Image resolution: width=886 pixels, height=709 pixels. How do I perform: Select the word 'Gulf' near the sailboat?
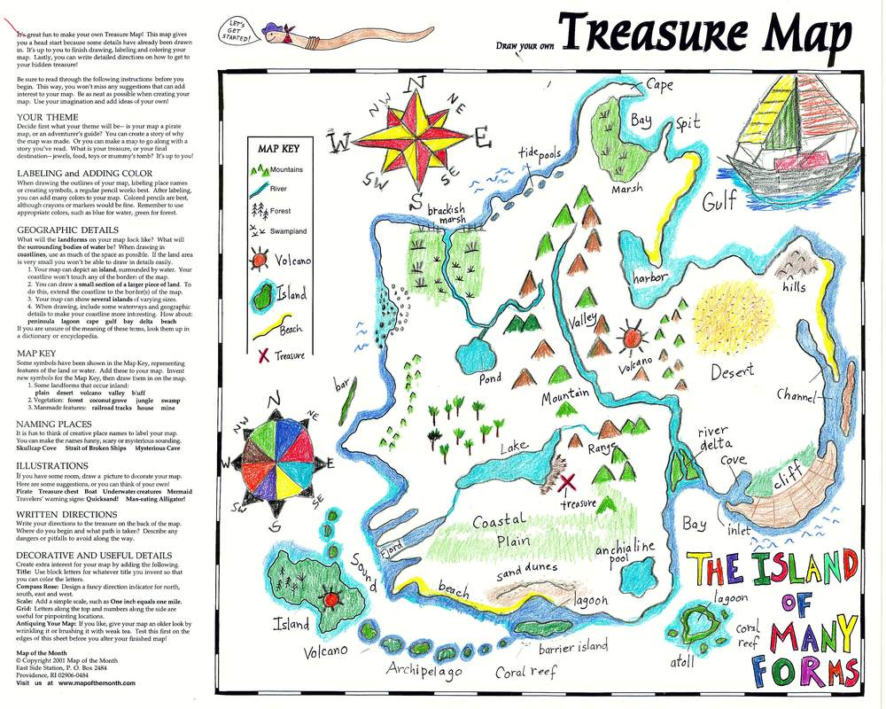point(719,203)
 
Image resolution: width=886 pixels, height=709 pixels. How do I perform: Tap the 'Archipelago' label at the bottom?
point(424,670)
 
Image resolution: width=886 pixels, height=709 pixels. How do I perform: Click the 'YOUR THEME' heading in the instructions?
point(48,117)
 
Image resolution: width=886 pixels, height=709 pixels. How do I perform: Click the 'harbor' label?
point(649,277)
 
